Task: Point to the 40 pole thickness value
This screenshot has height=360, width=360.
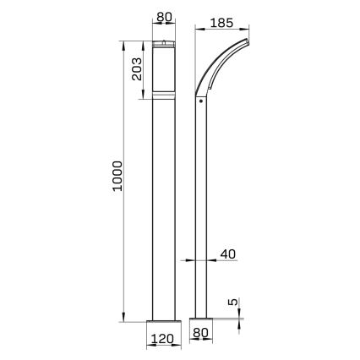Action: pos(228,254)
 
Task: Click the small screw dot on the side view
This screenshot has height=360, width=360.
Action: pos(200,104)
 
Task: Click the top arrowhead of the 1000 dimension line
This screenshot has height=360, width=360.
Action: pos(124,43)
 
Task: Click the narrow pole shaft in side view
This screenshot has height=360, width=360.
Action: pos(200,211)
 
